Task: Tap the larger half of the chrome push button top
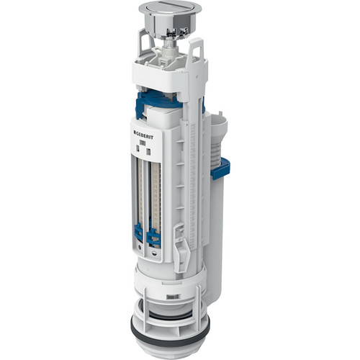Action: (x=157, y=8)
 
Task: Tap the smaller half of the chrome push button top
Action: (x=184, y=9)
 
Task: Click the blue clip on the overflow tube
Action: (x=220, y=169)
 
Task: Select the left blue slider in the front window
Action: (x=138, y=232)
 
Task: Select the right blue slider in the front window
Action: (x=153, y=238)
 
